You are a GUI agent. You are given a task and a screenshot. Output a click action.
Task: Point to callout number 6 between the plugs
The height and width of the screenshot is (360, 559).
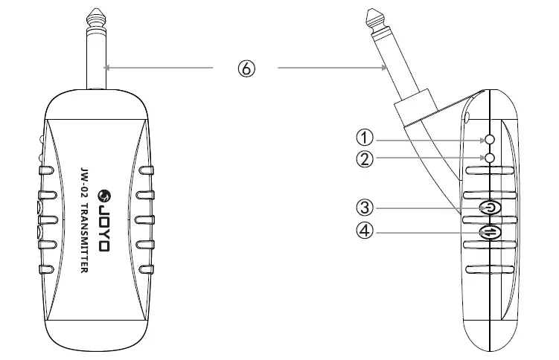(246, 68)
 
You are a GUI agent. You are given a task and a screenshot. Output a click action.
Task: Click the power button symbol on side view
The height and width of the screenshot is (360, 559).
(489, 208)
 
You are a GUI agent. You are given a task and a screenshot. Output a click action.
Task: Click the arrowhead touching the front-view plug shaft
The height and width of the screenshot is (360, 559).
(109, 68)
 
